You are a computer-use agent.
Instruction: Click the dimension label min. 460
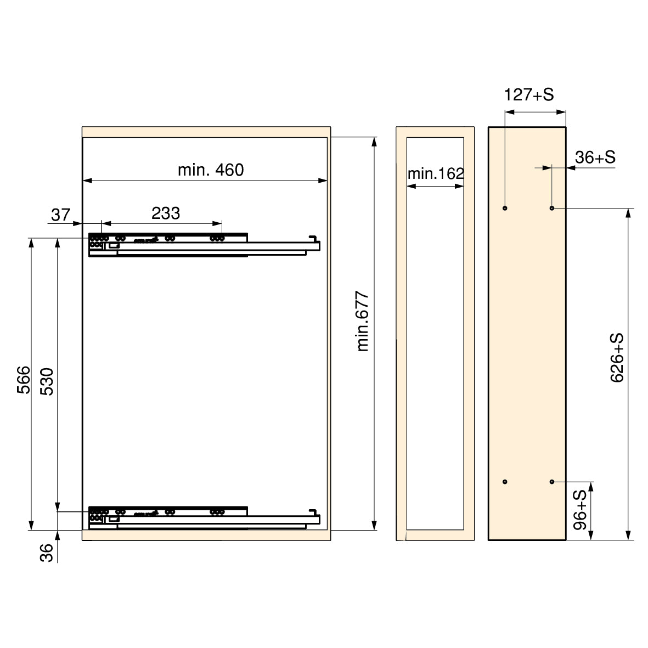pos(211,170)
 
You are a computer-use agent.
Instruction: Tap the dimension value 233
pos(166,213)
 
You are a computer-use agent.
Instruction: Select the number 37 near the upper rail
pos(61,215)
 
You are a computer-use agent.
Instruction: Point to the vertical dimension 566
pos(24,380)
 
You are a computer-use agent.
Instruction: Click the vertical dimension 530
pos(47,381)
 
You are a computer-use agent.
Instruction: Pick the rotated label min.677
pos(363,322)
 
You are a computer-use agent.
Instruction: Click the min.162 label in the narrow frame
pos(436,173)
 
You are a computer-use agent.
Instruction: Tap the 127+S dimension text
pos(529,94)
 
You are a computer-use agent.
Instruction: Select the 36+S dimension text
pos(595,157)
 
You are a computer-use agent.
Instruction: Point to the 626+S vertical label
pos(617,358)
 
